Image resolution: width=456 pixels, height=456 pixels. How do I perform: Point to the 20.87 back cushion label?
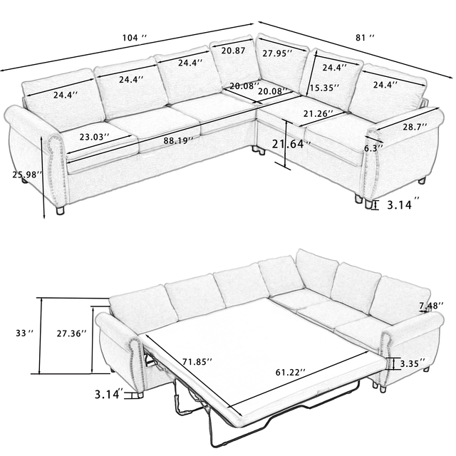[234, 51]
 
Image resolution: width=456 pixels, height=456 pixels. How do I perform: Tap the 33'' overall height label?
[24, 333]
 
